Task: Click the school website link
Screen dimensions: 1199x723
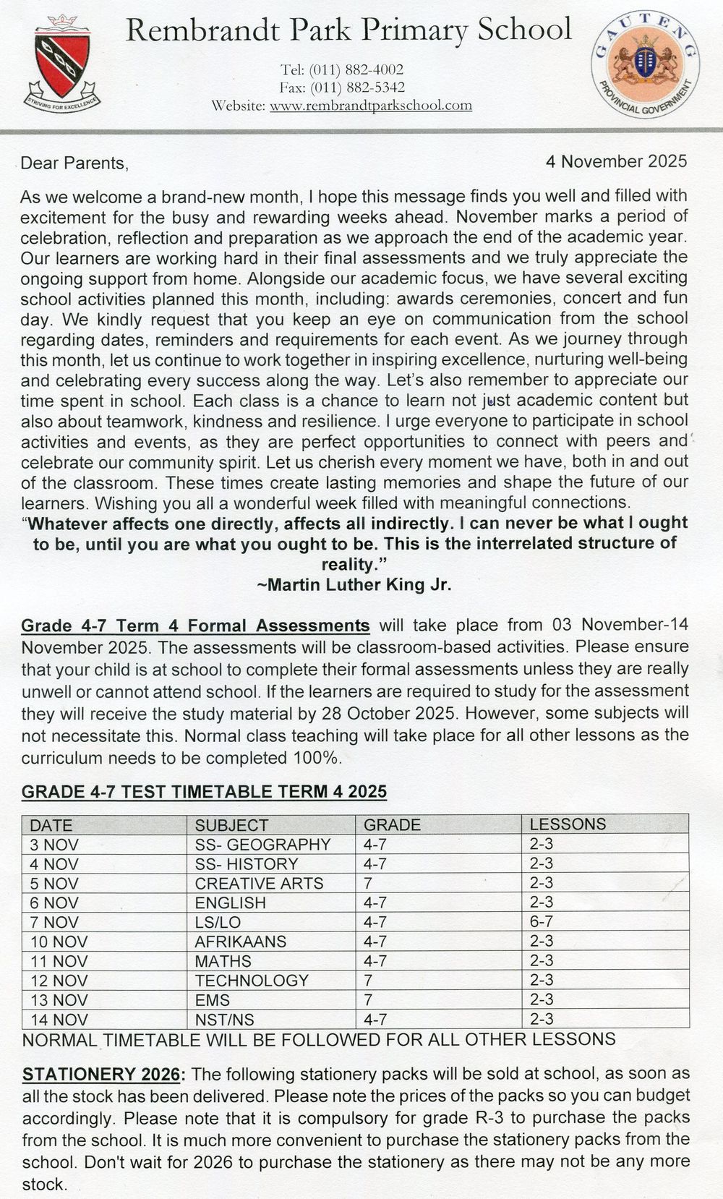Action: click(x=370, y=106)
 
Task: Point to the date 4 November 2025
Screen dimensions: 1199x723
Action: click(x=616, y=161)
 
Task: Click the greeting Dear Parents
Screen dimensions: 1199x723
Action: click(x=74, y=163)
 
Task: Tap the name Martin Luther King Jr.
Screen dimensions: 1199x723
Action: click(x=354, y=585)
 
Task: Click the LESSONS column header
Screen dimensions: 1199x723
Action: click(x=568, y=824)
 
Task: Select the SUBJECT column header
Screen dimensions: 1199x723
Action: click(x=231, y=824)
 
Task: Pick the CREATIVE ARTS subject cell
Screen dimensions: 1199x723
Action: click(x=259, y=883)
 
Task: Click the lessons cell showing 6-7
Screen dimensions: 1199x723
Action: click(x=542, y=921)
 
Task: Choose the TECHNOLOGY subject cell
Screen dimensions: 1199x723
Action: click(x=252, y=981)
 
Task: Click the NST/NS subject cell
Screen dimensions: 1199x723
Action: click(x=224, y=1020)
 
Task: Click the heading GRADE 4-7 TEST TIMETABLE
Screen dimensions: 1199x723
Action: click(x=204, y=791)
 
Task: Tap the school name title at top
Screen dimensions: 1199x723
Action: click(x=348, y=30)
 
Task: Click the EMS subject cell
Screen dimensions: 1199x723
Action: click(x=213, y=1000)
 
